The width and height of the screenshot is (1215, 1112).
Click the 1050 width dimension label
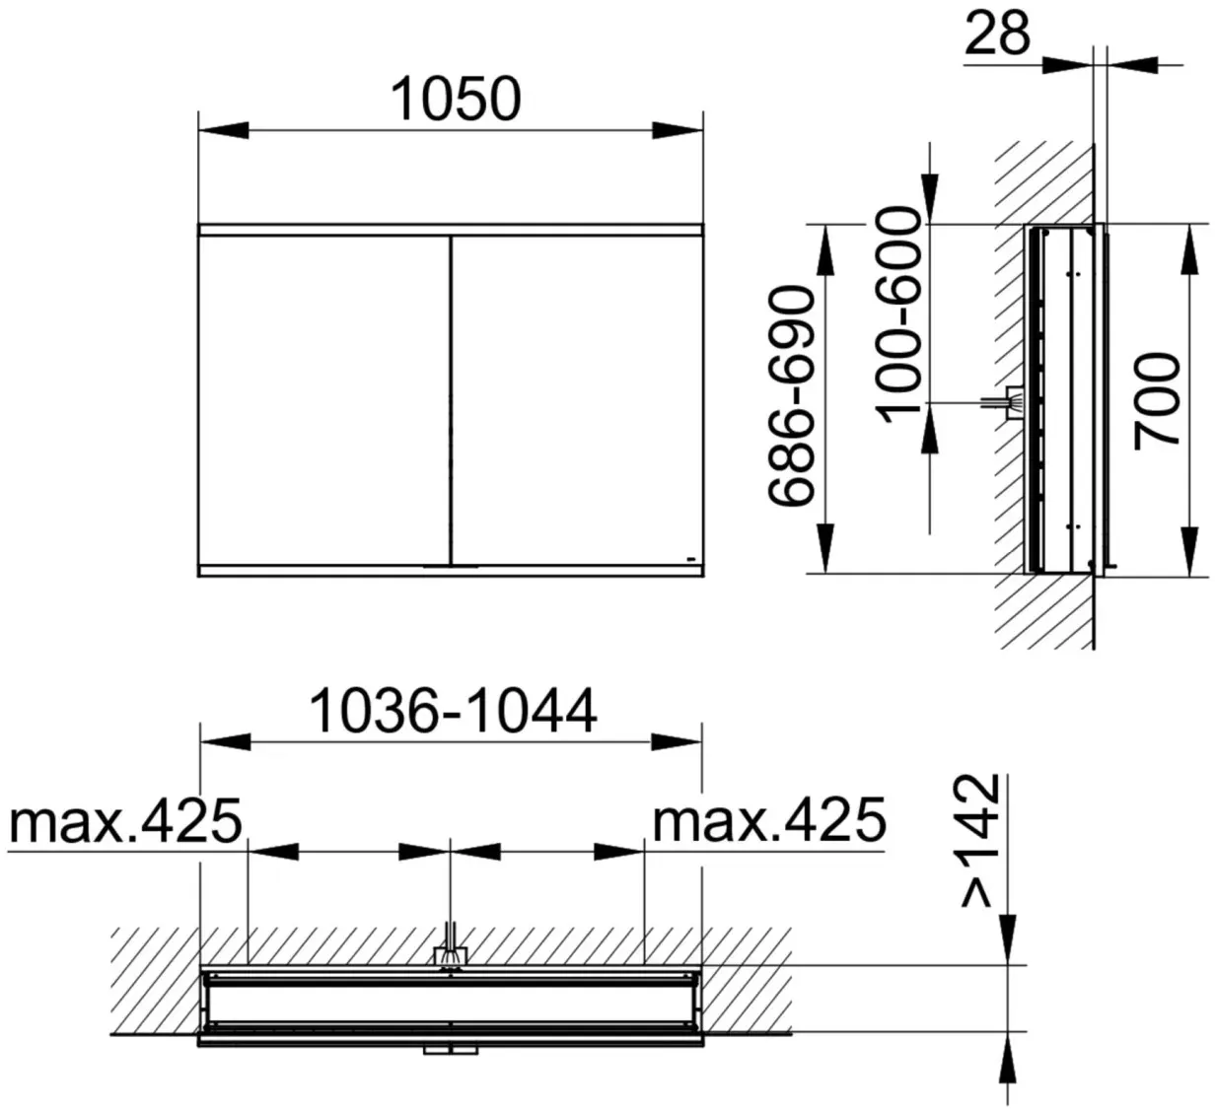pos(456,99)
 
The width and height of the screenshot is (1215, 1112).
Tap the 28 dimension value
pos(997,34)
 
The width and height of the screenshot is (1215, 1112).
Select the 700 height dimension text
pos(1157,401)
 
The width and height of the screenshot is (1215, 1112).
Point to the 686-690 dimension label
pos(792,396)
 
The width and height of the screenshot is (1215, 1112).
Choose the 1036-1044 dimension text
pos(453,711)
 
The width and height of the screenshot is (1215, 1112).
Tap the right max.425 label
pos(769,820)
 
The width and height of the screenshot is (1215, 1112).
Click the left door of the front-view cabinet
pos(324,400)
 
